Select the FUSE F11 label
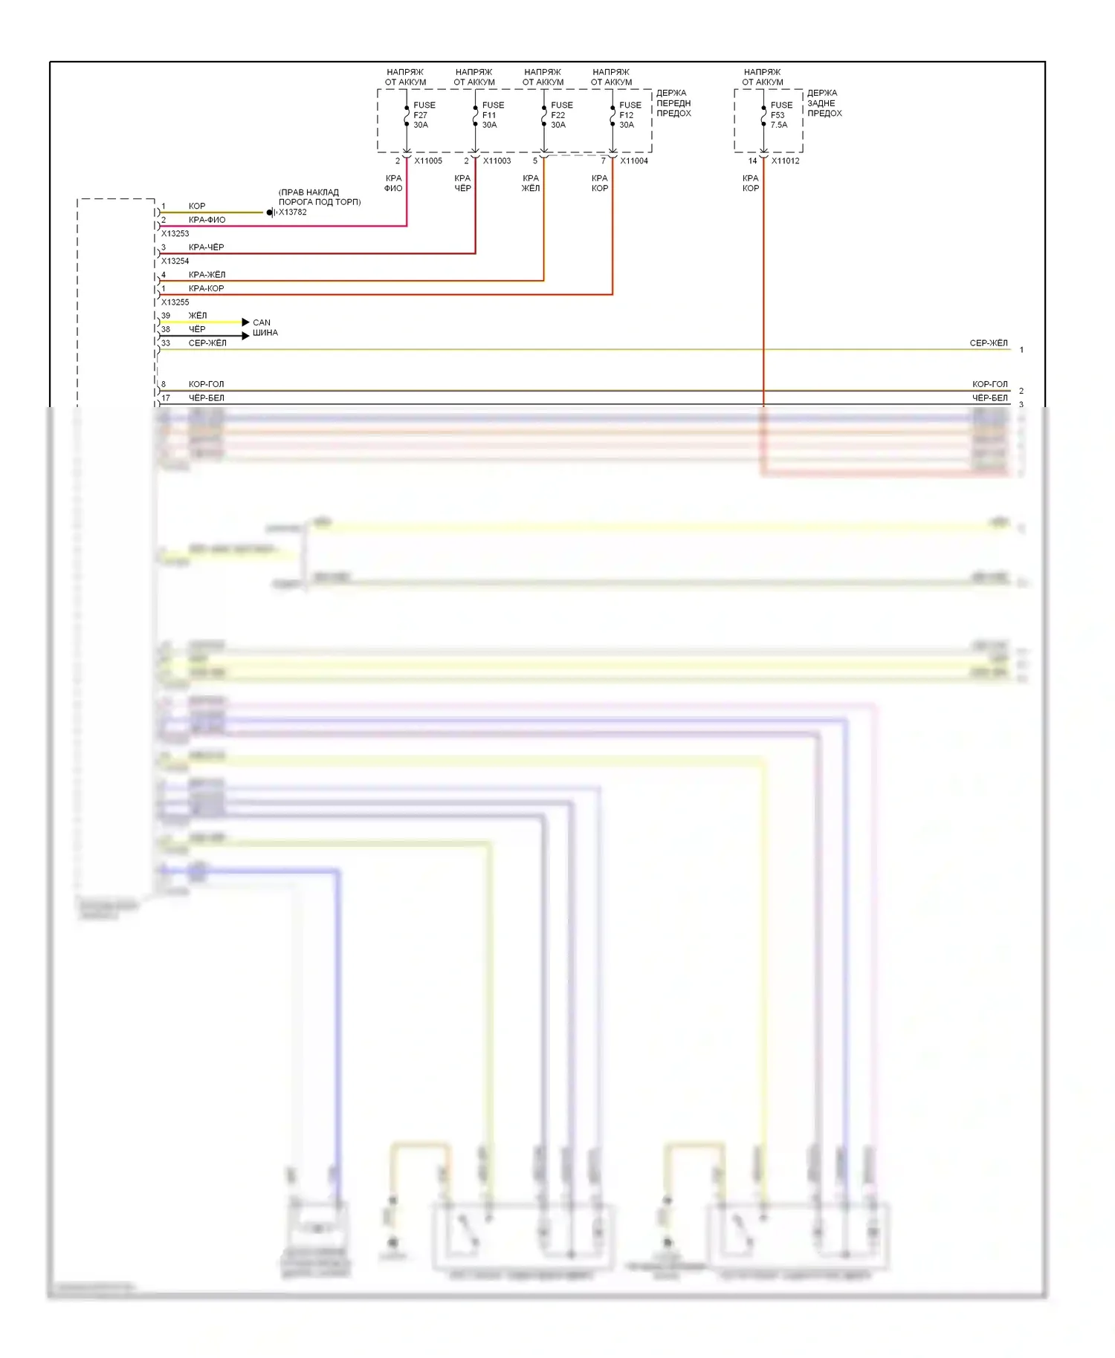pos(492,115)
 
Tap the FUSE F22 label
pos(561,115)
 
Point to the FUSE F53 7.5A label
pos(780,115)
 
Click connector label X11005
pos(428,160)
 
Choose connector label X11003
pos(497,160)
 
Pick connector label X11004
pos(634,160)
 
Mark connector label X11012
pos(786,160)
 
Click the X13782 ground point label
pos(292,212)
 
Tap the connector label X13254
pos(175,261)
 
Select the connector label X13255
pos(175,302)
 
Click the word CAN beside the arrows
pos(262,322)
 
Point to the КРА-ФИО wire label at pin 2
pos(207,220)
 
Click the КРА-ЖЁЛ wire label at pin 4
pos(207,275)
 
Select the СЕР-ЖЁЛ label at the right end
pos(989,343)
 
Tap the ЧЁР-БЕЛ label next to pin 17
pos(206,398)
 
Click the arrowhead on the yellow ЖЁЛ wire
pos(246,322)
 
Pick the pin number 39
pos(166,316)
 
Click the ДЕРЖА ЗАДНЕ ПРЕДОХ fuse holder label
pos(824,103)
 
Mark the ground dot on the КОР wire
pos(269,212)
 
